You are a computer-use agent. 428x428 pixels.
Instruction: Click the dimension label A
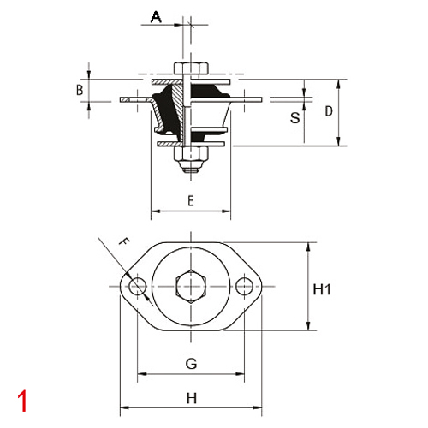coord(155,16)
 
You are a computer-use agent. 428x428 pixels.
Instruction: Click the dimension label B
coord(79,90)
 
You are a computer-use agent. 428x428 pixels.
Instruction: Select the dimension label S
coord(294,118)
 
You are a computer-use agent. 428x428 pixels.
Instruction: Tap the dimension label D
coord(329,111)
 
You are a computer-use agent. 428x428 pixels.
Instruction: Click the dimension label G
coord(191,364)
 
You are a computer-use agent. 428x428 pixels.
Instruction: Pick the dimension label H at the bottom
coord(191,397)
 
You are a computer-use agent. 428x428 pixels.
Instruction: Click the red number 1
coord(22,400)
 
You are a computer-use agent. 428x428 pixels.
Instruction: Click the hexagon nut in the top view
coord(190,287)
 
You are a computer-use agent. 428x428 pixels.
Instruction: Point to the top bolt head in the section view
coord(190,68)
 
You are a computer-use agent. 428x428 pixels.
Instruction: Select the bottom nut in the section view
coord(190,155)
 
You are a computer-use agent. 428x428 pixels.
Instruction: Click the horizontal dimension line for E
coord(190,211)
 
